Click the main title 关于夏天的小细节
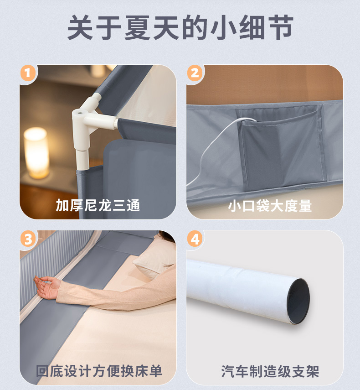coord(180,27)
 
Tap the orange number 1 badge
coord(28,73)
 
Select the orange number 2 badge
coord(195,73)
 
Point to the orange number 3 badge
coord(28,239)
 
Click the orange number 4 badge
coord(195,239)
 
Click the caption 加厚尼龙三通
coord(98,205)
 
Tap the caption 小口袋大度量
coord(270,206)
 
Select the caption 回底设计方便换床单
coord(99,371)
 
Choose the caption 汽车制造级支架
coord(270,371)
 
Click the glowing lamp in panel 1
coord(36,152)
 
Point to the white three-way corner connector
coord(92,117)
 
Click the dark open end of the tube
coord(298,301)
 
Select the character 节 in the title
coord(280,27)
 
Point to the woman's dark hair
coord(166,236)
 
